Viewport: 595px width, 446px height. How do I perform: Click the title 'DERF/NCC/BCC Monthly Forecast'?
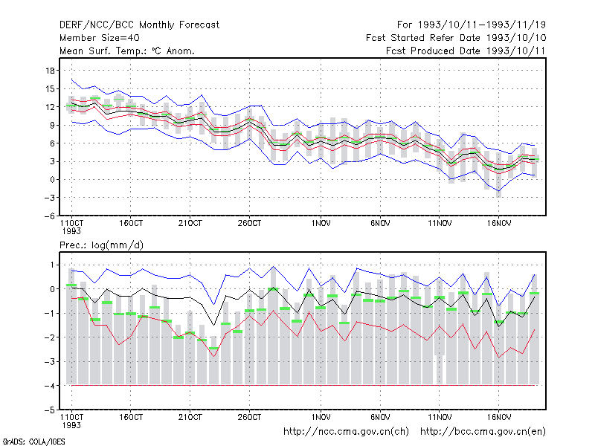pyautogui.click(x=139, y=25)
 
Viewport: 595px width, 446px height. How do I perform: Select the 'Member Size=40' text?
pyautogui.click(x=100, y=38)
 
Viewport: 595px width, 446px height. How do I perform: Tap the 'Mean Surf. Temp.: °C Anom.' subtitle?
pyautogui.click(x=127, y=51)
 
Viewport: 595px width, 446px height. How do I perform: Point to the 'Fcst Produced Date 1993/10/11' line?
pyautogui.click(x=466, y=51)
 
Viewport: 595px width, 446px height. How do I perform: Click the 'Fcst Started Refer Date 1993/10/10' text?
pyautogui.click(x=456, y=38)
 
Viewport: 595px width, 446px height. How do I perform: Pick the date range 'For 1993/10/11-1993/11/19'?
pyautogui.click(x=472, y=25)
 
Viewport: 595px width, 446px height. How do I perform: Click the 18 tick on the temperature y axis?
pyautogui.click(x=50, y=71)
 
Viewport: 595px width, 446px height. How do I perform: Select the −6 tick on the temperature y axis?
pyautogui.click(x=49, y=216)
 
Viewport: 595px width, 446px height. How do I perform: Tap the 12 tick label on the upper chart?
pyautogui.click(x=50, y=107)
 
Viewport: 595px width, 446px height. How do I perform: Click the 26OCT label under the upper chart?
pyautogui.click(x=249, y=223)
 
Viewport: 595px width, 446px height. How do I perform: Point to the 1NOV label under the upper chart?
pyautogui.click(x=321, y=223)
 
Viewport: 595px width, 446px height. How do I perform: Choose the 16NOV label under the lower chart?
pyautogui.click(x=498, y=417)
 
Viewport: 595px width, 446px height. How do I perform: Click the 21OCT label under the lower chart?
pyautogui.click(x=190, y=417)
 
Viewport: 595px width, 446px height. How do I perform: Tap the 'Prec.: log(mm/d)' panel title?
pyautogui.click(x=101, y=245)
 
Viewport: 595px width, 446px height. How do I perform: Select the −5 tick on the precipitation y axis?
pyautogui.click(x=49, y=410)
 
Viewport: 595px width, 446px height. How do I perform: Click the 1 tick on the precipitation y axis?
pyautogui.click(x=52, y=265)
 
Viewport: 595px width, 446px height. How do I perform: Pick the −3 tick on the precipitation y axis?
pyautogui.click(x=49, y=361)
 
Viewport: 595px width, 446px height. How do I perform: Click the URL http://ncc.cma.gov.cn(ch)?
pyautogui.click(x=346, y=432)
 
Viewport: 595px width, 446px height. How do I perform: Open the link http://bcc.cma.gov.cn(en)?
pyautogui.click(x=483, y=432)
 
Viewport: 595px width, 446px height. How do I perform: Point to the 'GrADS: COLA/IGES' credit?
pyautogui.click(x=33, y=442)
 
